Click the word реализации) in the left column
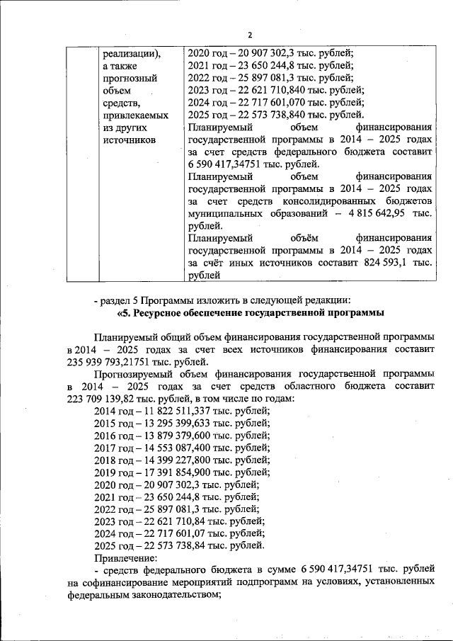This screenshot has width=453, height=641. (132, 52)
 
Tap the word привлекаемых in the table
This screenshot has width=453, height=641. (135, 115)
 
